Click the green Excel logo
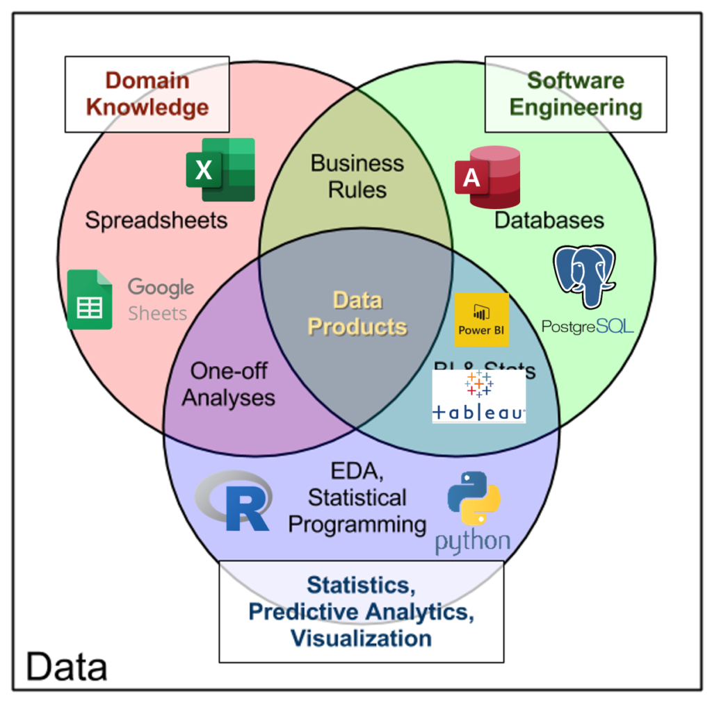tap(220, 169)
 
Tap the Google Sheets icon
tap(90, 299)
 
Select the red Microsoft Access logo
tap(487, 176)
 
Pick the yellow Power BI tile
tap(482, 320)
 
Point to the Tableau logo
tap(478, 396)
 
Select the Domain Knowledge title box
tap(147, 94)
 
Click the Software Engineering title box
tap(576, 94)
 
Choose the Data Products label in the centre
tap(357, 313)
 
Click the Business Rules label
tap(357, 176)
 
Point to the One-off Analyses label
tap(229, 384)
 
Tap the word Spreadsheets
tap(156, 220)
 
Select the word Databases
tap(549, 220)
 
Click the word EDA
tap(357, 472)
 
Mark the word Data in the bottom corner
tap(67, 667)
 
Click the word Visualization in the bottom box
tap(361, 638)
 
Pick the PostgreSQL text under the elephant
tap(588, 325)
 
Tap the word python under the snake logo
tap(473, 542)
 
